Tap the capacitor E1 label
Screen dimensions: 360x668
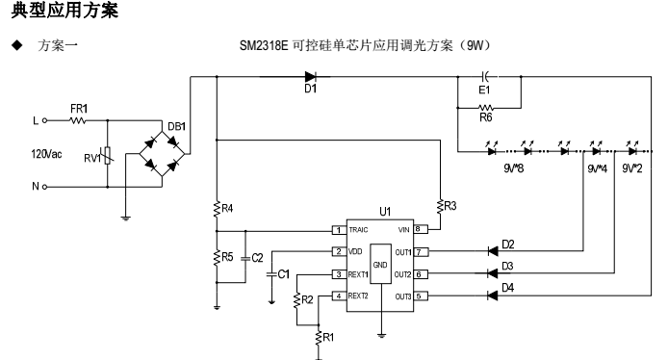coord(485,93)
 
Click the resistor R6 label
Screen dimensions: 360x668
coord(485,119)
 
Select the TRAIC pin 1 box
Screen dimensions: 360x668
coord(338,230)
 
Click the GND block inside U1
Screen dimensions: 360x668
coord(382,263)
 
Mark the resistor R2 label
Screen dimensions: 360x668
coord(308,300)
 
